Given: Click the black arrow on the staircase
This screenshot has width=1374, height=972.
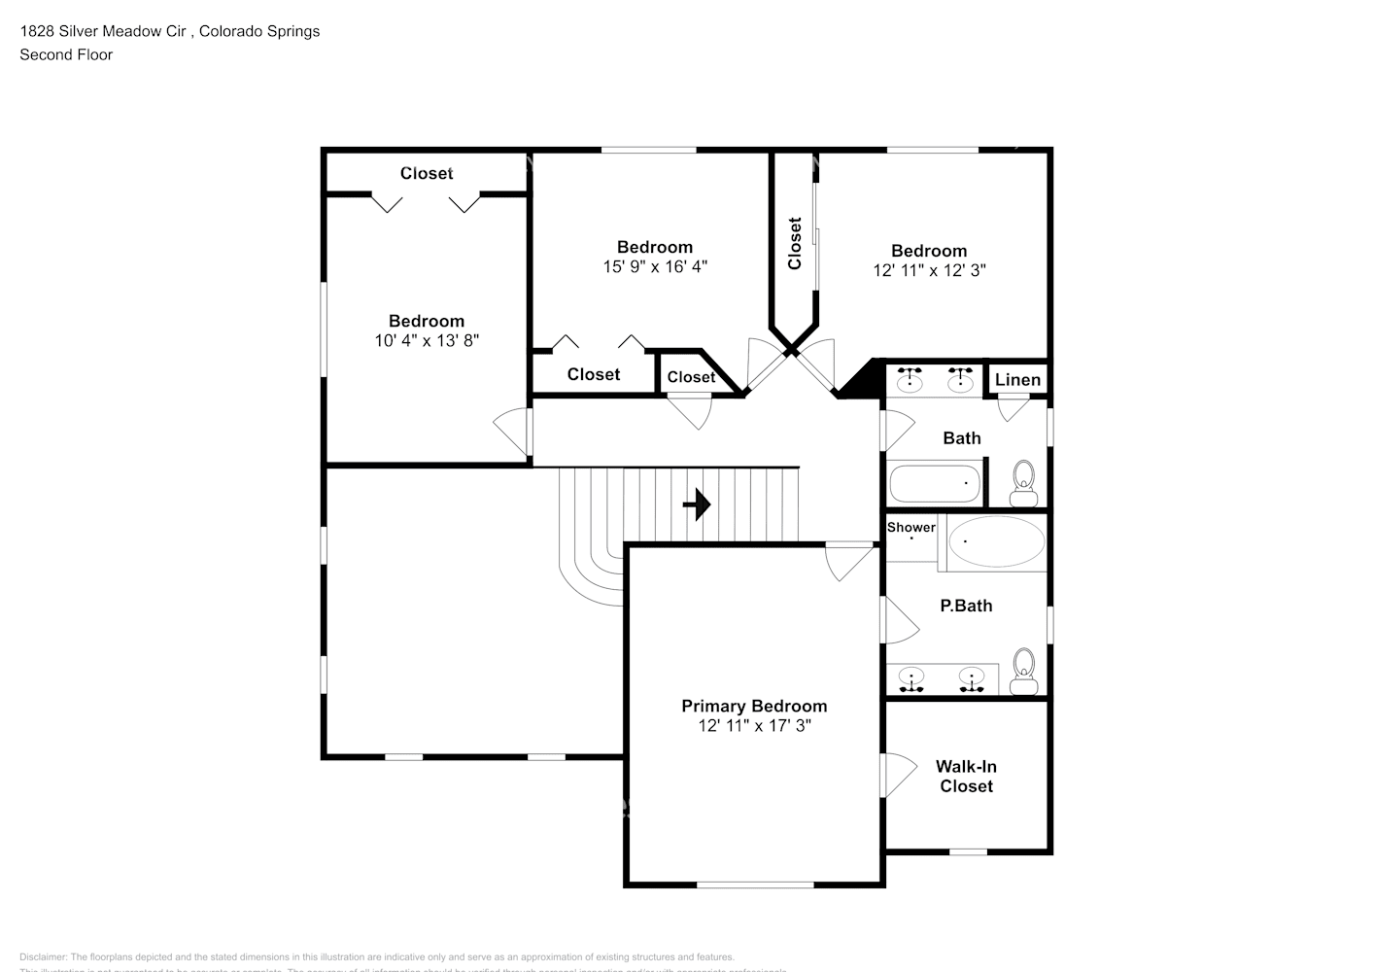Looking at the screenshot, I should point(697,504).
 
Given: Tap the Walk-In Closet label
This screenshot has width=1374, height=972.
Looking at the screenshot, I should point(966,777).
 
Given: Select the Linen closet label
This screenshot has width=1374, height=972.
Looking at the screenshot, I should point(1017,380).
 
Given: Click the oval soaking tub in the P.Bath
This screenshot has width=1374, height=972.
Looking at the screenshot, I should point(996,541).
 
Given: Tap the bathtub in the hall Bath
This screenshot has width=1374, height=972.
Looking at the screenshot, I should point(934,483).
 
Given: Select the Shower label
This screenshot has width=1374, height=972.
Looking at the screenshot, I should point(911,528).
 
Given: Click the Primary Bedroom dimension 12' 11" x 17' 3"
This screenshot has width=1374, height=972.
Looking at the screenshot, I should point(754,726).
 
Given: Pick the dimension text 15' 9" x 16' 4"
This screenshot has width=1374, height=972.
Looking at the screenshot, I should point(655,266).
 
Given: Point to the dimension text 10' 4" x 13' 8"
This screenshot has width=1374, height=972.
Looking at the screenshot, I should point(427,340).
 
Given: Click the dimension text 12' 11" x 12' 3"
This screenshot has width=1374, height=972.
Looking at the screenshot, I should point(929,270).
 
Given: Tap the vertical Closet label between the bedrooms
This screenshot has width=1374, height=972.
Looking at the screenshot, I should point(795,243).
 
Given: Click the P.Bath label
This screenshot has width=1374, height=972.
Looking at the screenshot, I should point(966,606).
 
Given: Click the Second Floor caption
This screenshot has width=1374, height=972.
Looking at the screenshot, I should point(66,54).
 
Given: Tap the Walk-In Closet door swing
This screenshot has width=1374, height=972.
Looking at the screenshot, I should point(900,775).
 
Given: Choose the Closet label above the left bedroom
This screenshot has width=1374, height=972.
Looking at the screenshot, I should point(427,173).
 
